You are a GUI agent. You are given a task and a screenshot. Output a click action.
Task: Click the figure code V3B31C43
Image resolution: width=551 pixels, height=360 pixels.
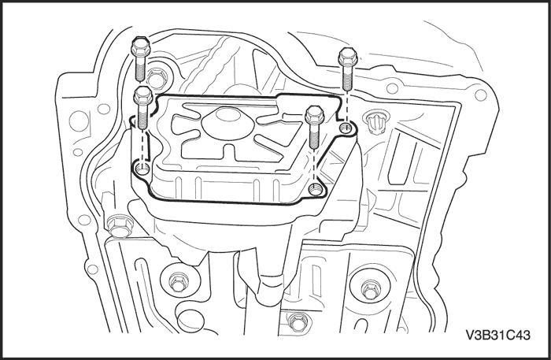tap(498, 335)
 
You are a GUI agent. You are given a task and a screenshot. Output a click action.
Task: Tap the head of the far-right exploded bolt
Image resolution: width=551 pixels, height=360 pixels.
tap(348, 58)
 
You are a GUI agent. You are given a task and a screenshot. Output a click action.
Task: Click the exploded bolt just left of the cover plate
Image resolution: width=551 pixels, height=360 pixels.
tap(142, 108)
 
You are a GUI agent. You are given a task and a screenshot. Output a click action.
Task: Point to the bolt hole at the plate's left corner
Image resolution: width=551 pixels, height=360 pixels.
tap(142, 169)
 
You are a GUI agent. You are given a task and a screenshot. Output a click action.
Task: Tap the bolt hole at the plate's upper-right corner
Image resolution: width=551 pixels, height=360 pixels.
tap(346, 128)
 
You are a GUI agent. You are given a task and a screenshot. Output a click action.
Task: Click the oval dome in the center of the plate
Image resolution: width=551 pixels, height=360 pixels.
tap(227, 124)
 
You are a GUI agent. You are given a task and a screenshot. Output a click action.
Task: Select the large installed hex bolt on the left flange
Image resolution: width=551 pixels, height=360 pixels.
tap(119, 226)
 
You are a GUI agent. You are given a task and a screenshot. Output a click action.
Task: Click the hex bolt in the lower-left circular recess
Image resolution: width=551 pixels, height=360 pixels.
tap(177, 282)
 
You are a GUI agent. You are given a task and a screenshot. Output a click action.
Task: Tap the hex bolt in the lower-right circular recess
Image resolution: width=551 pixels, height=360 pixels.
tap(369, 289)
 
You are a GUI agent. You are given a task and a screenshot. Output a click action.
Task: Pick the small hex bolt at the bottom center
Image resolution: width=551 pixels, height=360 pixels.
tap(298, 321)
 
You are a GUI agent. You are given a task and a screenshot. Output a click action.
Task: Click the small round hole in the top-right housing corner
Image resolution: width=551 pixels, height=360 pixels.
tap(480, 95)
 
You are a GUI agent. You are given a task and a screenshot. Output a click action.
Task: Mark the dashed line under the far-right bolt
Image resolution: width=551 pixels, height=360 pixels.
tap(347, 108)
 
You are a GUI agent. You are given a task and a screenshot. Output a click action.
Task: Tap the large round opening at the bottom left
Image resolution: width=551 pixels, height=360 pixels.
tap(190, 318)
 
